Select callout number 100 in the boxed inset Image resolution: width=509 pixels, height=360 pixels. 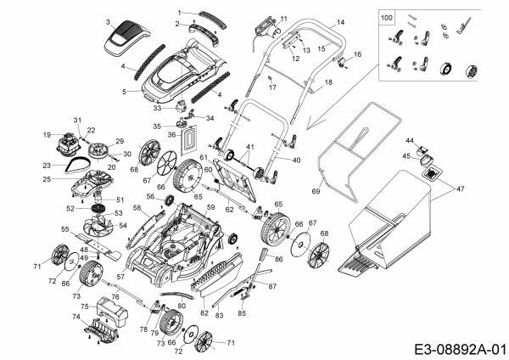click(387, 17)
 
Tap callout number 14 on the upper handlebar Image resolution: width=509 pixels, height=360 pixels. click(340, 21)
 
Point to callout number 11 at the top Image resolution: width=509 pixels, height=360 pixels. click(283, 18)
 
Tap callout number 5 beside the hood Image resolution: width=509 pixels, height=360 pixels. click(124, 90)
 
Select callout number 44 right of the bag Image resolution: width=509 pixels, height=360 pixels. click(409, 139)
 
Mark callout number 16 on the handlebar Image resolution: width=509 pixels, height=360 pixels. click(358, 54)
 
